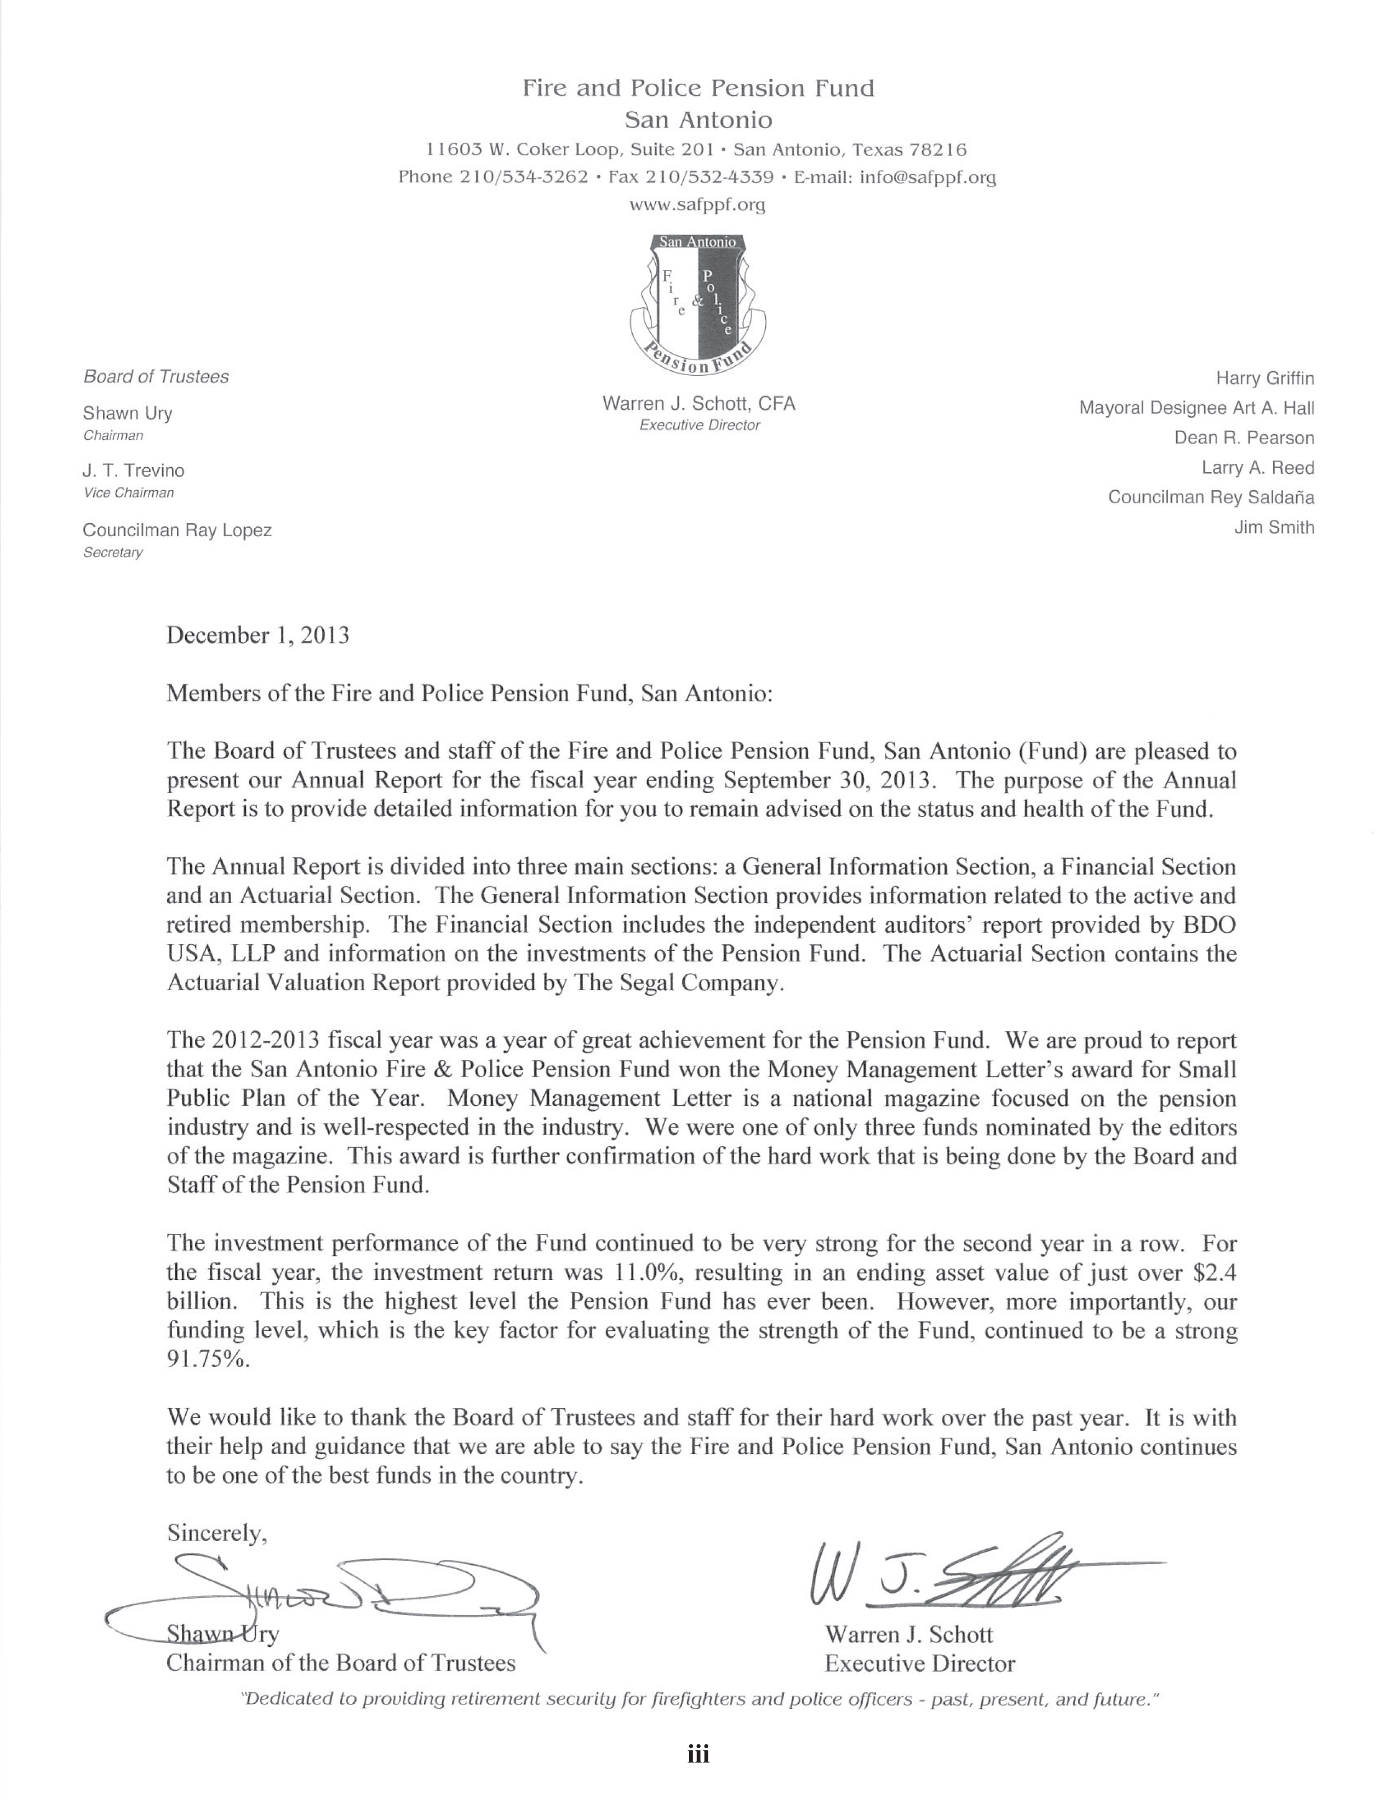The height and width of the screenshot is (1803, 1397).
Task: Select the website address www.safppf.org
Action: click(x=697, y=205)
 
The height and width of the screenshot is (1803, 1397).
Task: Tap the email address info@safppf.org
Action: click(x=928, y=177)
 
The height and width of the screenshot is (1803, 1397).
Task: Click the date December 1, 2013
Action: click(x=257, y=636)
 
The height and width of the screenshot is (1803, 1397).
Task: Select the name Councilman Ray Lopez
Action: click(x=177, y=531)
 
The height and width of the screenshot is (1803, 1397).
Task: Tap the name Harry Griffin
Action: click(x=1264, y=379)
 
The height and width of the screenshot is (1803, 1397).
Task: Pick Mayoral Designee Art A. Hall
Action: click(x=1196, y=409)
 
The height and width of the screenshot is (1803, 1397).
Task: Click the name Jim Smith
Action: click(x=1274, y=527)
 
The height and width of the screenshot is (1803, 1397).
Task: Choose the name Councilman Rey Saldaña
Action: click(x=1210, y=498)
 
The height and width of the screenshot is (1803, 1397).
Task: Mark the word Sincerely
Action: click(x=216, y=1533)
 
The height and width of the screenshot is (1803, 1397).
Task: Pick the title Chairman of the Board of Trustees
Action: click(x=341, y=1663)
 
